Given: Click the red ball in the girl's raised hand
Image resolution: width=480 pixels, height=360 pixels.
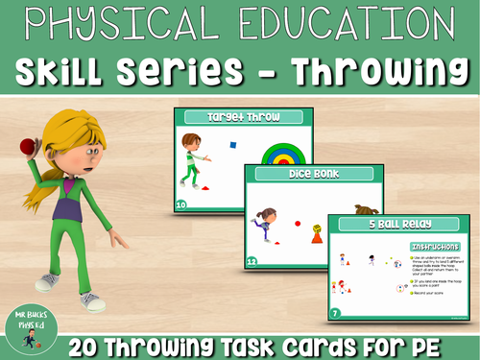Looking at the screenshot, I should [26, 146].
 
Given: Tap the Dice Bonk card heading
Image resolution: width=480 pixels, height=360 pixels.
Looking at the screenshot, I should [306, 177].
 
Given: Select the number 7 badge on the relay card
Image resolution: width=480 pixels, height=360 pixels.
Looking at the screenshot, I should [333, 313].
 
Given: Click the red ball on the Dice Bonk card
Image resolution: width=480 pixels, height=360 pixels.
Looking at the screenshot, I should [298, 223].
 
